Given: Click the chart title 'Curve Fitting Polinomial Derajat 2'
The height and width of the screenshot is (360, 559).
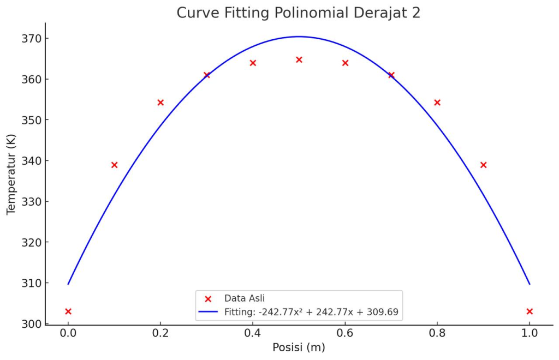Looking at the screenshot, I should pyautogui.click(x=298, y=13).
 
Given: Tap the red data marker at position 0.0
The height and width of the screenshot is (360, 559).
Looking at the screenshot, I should pyautogui.click(x=68, y=311).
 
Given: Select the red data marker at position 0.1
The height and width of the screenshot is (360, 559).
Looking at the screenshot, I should pyautogui.click(x=114, y=165).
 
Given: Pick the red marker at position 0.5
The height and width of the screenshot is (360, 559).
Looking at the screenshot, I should pyautogui.click(x=299, y=59).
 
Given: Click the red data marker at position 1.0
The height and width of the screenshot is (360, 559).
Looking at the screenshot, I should pyautogui.click(x=530, y=311).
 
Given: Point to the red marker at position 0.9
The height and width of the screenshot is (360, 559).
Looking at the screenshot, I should pyautogui.click(x=483, y=165).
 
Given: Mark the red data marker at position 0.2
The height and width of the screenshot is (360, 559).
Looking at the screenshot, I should pyautogui.click(x=160, y=103).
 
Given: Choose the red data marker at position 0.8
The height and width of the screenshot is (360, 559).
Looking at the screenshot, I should pyautogui.click(x=437, y=103).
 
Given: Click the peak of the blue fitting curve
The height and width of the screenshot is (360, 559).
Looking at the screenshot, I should pyautogui.click(x=299, y=37).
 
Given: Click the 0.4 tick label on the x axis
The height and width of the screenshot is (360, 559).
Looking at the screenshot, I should pyautogui.click(x=253, y=333).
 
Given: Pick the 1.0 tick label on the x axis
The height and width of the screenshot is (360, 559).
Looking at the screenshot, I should pyautogui.click(x=530, y=333).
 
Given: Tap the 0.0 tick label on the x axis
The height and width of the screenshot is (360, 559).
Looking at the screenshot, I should pyautogui.click(x=68, y=333).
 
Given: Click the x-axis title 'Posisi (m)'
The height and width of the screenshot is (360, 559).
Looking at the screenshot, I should pyautogui.click(x=299, y=347).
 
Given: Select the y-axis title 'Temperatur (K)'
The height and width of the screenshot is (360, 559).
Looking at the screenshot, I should pyautogui.click(x=11, y=175).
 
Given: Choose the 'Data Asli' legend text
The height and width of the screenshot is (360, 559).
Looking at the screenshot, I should pyautogui.click(x=244, y=298).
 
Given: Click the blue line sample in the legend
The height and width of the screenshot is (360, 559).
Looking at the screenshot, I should pyautogui.click(x=208, y=313).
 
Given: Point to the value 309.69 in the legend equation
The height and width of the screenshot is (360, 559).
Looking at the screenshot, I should pyautogui.click(x=383, y=313).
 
